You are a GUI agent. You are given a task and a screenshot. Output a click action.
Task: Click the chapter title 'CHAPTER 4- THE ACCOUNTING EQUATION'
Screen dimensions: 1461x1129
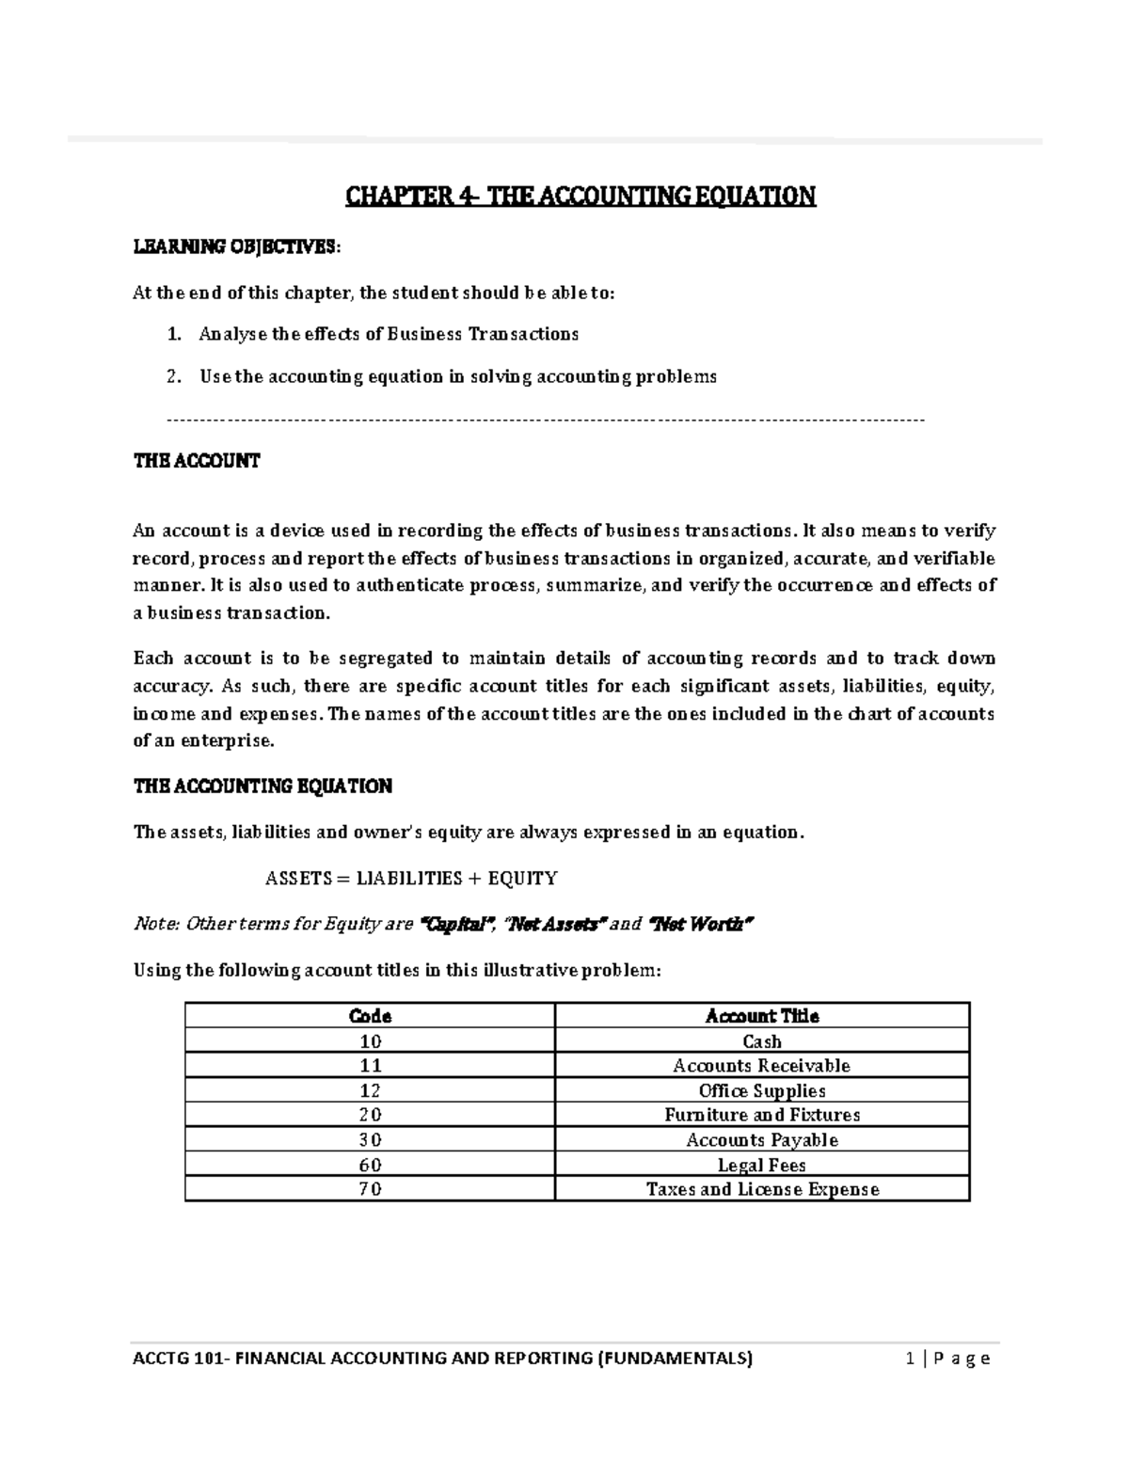coord(580,197)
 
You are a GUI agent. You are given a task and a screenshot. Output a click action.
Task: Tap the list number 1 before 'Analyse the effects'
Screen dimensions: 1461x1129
coord(172,334)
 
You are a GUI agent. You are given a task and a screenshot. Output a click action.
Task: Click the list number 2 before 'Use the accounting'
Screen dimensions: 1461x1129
coord(172,377)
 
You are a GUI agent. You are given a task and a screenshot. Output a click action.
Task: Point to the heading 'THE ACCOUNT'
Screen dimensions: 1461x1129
coord(196,461)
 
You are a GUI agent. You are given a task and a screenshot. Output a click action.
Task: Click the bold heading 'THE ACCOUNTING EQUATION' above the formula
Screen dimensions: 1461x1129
coord(262,786)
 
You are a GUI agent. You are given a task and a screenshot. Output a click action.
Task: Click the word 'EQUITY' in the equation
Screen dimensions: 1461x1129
coord(522,879)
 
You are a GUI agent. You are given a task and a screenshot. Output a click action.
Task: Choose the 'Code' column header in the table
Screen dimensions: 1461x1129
coord(370,1016)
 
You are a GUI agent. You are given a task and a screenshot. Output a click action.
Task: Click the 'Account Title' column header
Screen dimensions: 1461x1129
coord(761,1016)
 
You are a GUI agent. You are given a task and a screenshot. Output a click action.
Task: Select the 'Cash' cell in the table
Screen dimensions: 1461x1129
coord(761,1041)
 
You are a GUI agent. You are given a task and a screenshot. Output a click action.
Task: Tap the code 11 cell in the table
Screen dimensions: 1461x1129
coord(370,1066)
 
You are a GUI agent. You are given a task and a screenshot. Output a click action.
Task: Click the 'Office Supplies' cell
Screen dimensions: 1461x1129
coord(761,1091)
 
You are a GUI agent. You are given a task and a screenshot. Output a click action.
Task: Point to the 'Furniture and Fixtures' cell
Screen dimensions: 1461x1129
coord(761,1116)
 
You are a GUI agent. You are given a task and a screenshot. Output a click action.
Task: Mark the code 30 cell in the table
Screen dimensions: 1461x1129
coord(370,1140)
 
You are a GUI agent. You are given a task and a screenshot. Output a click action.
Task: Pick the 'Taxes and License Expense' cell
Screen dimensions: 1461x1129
coord(761,1189)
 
